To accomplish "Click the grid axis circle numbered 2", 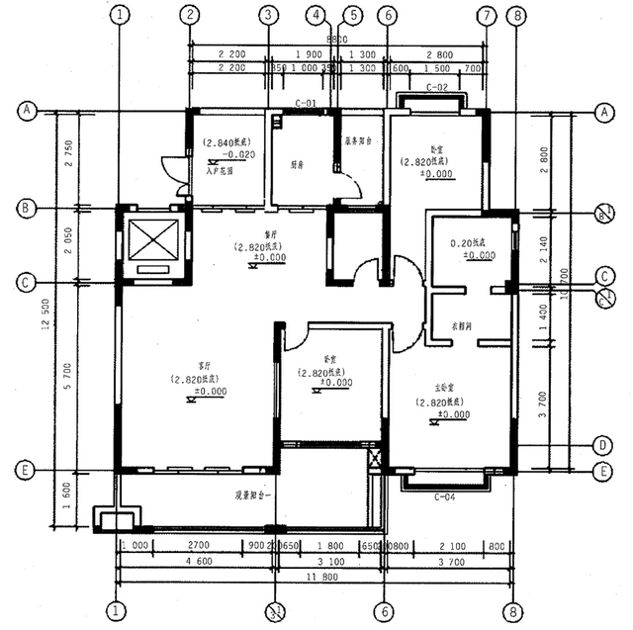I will point(190,15).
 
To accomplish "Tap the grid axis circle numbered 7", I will point(486,15).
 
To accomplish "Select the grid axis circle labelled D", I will point(601,444).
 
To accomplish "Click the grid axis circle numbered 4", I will point(316,15).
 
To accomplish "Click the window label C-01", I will point(306,103).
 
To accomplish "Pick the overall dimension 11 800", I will point(316,577).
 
